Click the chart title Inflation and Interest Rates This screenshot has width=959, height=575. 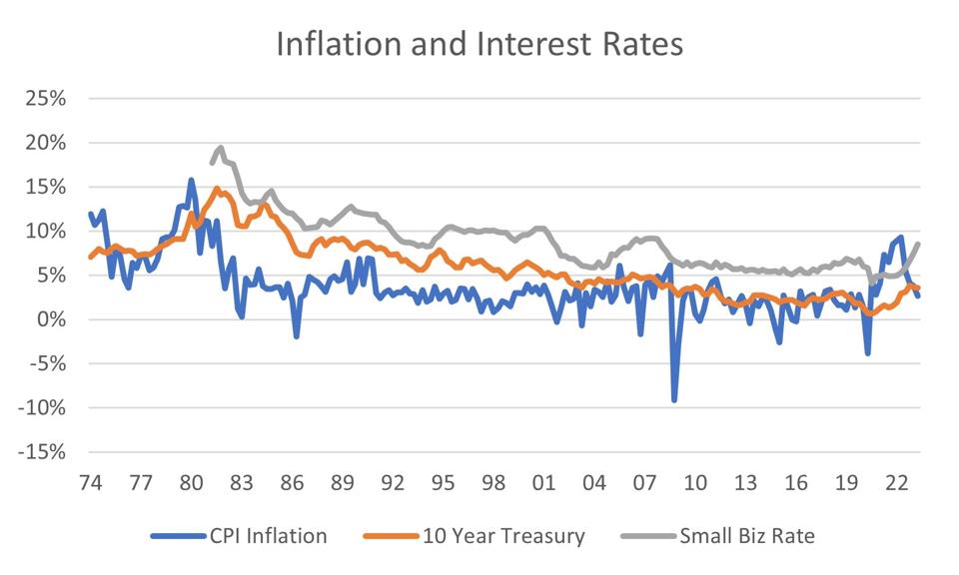click(x=479, y=45)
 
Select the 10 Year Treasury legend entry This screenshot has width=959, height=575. click(x=496, y=536)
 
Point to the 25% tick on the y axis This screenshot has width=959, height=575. click(x=45, y=99)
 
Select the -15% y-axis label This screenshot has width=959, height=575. click(x=41, y=451)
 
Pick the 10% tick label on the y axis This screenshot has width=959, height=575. click(x=45, y=231)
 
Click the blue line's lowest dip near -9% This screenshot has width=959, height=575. click(x=674, y=399)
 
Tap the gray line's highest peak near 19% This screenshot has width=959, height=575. click(x=221, y=148)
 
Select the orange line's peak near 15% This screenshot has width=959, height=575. click(x=217, y=189)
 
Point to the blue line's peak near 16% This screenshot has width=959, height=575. click(x=191, y=181)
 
